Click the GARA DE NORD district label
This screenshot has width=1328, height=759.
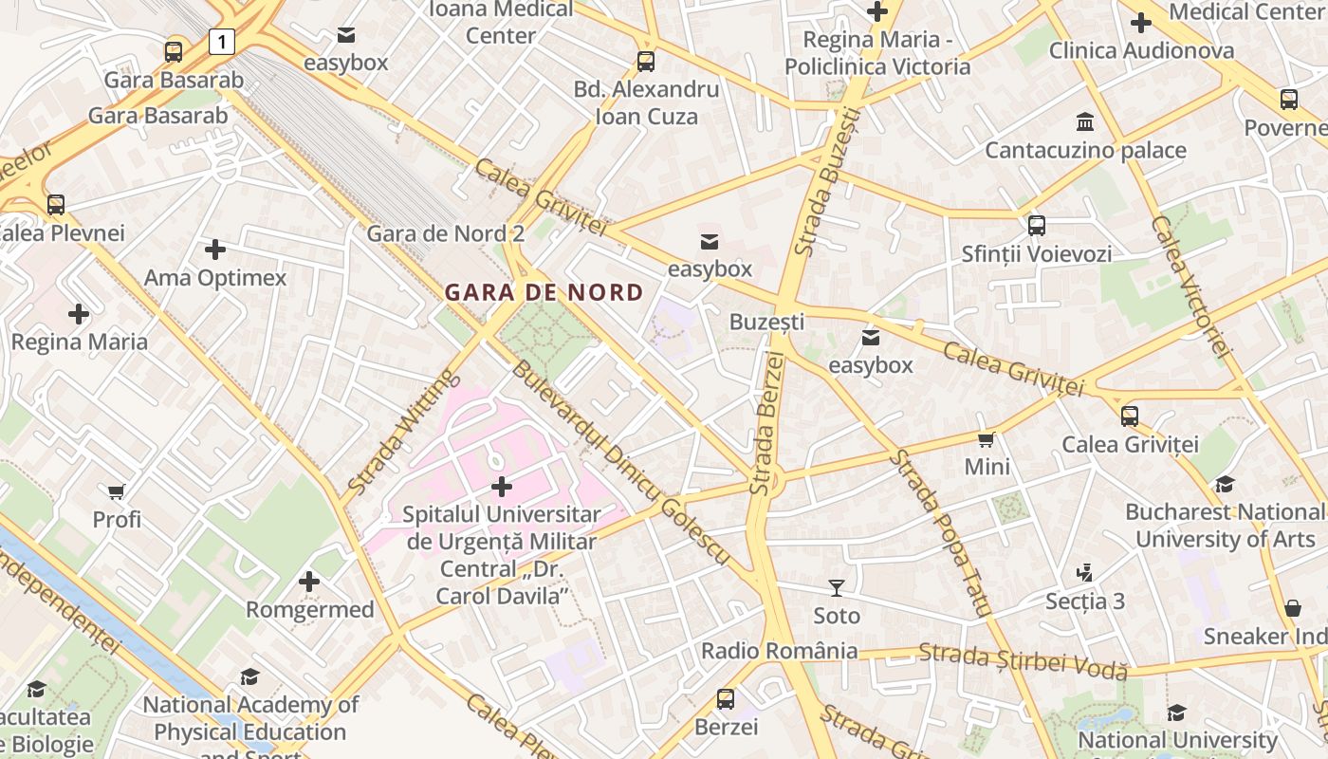pyautogui.click(x=544, y=292)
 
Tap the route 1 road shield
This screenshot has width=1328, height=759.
pyautogui.click(x=221, y=41)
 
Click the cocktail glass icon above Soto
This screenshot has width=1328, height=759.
pyautogui.click(x=836, y=588)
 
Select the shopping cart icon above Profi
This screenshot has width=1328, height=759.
pyautogui.click(x=117, y=491)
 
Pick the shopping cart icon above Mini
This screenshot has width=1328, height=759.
pyautogui.click(x=987, y=439)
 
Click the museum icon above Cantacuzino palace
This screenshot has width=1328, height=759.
pyautogui.click(x=1085, y=122)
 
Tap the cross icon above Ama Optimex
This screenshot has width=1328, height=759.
pyautogui.click(x=215, y=250)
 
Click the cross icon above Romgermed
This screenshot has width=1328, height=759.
pyautogui.click(x=309, y=582)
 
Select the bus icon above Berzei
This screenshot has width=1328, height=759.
pyautogui.click(x=726, y=699)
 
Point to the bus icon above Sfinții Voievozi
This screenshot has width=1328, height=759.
pyautogui.click(x=1036, y=226)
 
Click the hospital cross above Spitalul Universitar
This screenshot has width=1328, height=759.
pyautogui.click(x=501, y=487)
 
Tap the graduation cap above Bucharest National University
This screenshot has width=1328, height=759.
pyautogui.click(x=1225, y=484)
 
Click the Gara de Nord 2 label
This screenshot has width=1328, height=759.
pyautogui.click(x=445, y=233)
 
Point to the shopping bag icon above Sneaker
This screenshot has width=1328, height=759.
pyautogui.click(x=1292, y=608)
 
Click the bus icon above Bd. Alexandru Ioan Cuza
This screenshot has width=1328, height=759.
pyautogui.click(x=646, y=62)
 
